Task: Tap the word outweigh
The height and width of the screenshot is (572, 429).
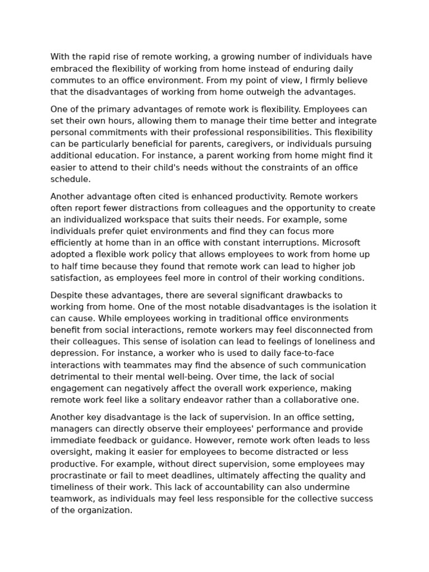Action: [264, 92]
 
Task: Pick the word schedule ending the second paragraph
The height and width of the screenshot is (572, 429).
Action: [70, 179]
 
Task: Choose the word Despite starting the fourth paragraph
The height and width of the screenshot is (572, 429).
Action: [66, 295]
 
